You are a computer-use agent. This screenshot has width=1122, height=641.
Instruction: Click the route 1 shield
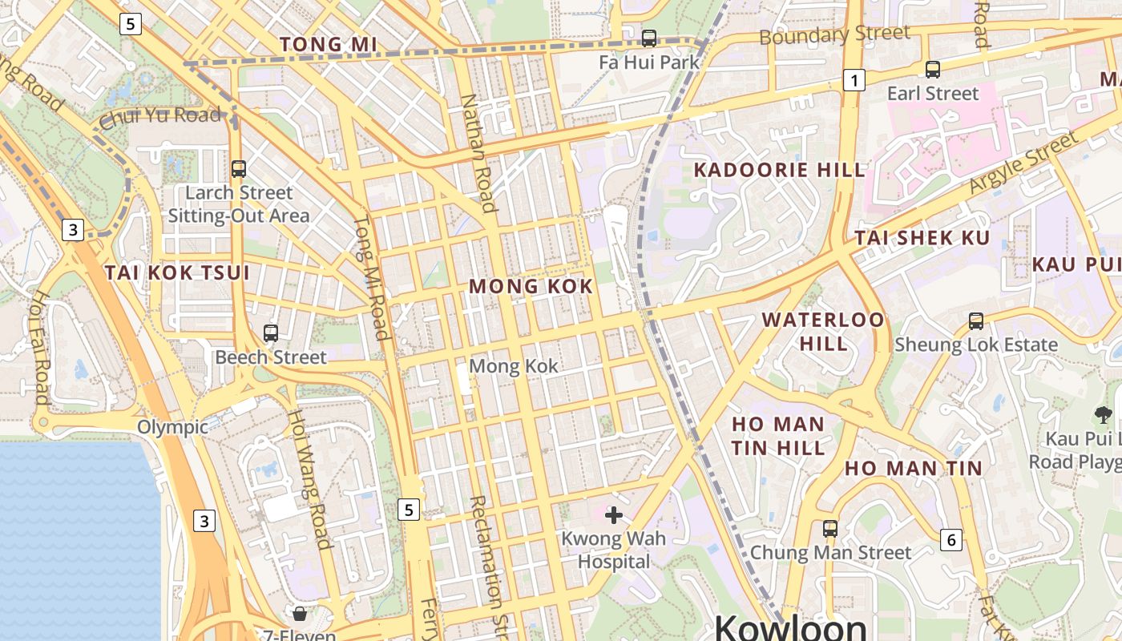(854, 80)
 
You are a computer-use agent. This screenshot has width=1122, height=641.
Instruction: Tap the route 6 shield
(951, 539)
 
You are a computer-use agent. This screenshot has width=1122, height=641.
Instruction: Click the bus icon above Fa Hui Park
(649, 38)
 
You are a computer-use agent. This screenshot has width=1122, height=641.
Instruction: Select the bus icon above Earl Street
(932, 70)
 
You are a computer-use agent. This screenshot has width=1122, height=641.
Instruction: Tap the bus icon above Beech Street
(271, 333)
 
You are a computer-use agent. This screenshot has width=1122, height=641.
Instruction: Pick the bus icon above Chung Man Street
(830, 529)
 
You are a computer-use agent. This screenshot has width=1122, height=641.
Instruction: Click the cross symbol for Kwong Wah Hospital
(614, 514)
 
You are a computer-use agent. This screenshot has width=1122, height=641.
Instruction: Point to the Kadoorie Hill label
(779, 170)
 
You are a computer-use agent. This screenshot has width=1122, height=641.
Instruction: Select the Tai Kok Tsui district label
(177, 272)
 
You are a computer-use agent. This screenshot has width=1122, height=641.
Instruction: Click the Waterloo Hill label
(823, 331)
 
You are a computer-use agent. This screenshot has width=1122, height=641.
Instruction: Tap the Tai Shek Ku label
(922, 237)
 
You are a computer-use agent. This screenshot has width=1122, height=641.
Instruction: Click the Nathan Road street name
(479, 153)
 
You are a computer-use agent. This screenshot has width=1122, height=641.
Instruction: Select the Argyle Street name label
(1024, 162)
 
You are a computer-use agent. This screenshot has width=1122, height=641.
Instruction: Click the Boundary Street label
(834, 34)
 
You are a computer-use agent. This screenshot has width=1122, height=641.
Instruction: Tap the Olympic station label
(172, 427)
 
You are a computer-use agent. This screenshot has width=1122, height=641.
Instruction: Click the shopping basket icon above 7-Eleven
(300, 615)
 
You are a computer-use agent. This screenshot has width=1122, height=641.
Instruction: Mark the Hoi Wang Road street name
(309, 479)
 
